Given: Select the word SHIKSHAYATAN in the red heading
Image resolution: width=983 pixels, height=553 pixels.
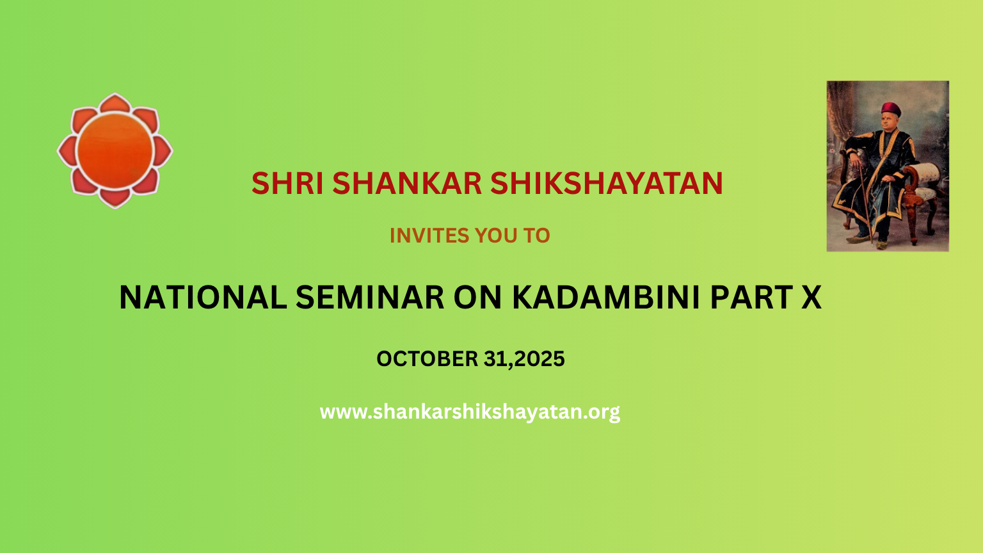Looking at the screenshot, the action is pos(607,183).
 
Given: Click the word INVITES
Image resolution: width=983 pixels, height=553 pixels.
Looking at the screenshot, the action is pos(429,236).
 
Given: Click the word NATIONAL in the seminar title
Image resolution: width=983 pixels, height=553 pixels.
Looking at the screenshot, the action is pos(203,298).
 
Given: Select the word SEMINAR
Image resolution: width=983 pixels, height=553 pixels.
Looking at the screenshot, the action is pos(370,298).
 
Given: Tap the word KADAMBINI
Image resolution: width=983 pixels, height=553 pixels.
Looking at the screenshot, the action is pos(606,298).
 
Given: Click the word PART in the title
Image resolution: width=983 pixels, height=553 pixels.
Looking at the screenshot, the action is pos(751,298).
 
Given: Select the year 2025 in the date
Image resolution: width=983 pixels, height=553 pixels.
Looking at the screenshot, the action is pos(539,359).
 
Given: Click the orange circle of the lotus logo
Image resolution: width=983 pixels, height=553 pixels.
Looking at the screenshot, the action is pos(115,150).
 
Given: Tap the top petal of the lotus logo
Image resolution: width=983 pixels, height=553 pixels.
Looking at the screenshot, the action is pos(115,104).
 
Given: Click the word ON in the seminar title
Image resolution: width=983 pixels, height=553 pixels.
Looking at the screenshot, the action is pos(477,298).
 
